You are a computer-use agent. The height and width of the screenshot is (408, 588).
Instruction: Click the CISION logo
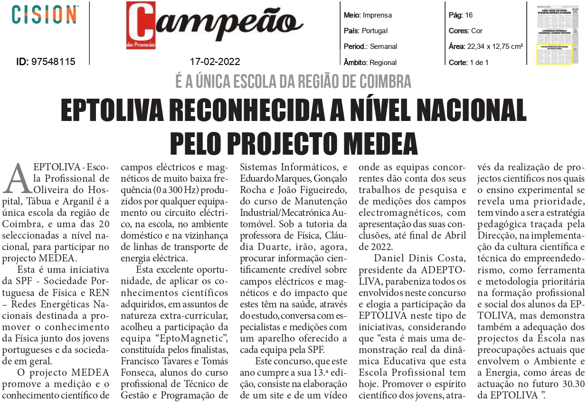pos(45,15)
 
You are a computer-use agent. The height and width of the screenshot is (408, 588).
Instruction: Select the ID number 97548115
pos(53,62)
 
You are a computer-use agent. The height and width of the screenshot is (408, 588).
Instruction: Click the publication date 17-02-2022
pos(215,62)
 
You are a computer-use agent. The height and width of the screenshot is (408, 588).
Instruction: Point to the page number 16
pos(469,15)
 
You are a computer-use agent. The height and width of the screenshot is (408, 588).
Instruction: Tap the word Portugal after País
pos(375,31)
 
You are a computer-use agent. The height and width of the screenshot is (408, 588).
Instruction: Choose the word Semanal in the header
pos(383,46)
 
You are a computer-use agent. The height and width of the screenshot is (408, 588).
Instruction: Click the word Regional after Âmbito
pos(382,62)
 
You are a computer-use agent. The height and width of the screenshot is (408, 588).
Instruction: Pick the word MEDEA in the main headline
pos(378,142)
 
